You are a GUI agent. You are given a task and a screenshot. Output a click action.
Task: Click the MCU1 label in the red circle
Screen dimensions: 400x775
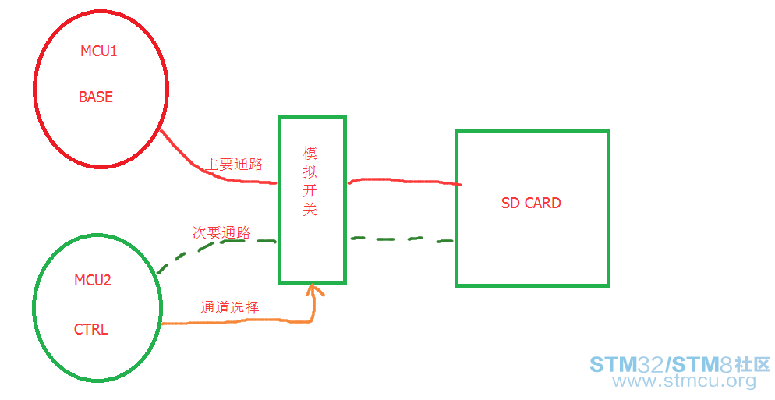tap(98, 51)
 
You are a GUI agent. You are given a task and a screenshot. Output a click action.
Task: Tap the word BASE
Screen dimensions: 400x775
tap(96, 97)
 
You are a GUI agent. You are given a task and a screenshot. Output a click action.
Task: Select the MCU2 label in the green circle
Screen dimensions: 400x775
tap(93, 280)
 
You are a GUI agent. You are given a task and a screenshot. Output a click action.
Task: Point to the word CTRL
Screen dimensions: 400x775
tap(90, 329)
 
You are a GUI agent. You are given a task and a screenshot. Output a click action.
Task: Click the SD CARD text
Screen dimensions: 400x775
tap(531, 204)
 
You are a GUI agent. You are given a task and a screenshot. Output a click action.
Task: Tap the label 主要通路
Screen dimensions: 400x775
tap(234, 165)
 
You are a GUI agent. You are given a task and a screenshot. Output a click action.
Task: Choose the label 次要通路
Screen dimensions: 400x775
tap(221, 232)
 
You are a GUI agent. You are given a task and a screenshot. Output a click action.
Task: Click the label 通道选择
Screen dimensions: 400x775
tap(229, 307)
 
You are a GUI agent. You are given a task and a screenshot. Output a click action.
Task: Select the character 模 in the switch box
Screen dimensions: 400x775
tap(310, 153)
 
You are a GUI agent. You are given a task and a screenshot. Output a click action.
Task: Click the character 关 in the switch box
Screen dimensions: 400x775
tap(310, 210)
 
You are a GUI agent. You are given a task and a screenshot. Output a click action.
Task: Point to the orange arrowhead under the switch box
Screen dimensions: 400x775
tap(315, 291)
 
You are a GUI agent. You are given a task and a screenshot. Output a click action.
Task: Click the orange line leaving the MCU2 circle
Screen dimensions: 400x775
tap(234, 321)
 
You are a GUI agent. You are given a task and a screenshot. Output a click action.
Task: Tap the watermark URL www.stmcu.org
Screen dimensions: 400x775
tap(684, 381)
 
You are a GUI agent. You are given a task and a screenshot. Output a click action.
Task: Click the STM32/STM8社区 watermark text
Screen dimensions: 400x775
tap(680, 364)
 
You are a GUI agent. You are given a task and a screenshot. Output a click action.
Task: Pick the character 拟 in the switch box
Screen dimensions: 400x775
tap(310, 172)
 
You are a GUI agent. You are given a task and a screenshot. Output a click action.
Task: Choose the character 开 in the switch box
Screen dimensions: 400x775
tap(310, 191)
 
